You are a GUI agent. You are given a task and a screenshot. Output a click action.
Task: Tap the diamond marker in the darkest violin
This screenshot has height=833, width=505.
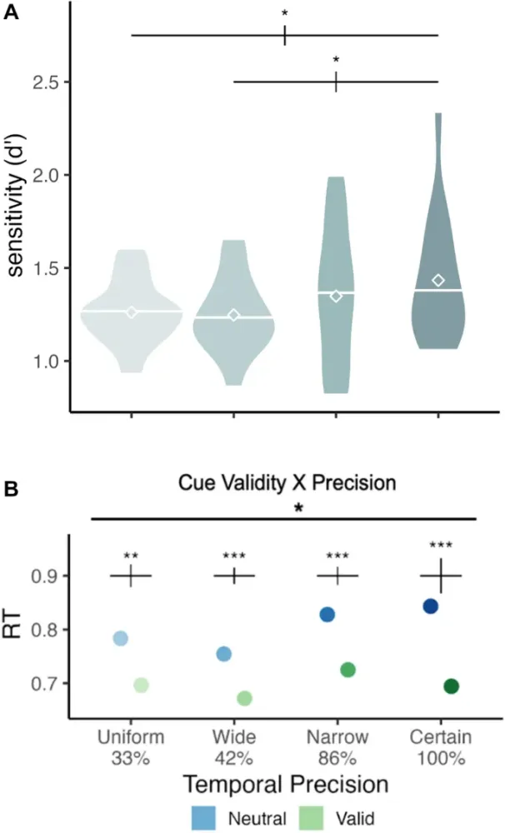438,280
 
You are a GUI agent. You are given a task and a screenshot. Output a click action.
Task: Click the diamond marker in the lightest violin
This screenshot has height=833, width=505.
131,312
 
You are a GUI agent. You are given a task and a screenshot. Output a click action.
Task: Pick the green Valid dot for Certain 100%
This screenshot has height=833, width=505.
452,686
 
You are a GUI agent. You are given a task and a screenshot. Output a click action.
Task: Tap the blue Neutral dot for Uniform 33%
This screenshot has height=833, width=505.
120,638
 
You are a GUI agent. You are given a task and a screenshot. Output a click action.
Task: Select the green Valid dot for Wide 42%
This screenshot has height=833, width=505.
245,697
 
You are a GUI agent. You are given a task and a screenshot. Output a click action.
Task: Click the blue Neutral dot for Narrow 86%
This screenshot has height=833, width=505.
327,614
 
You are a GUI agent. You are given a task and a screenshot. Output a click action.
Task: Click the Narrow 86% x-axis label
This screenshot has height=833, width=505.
337,748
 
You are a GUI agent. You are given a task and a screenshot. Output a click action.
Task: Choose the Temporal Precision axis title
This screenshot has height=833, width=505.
287,784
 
